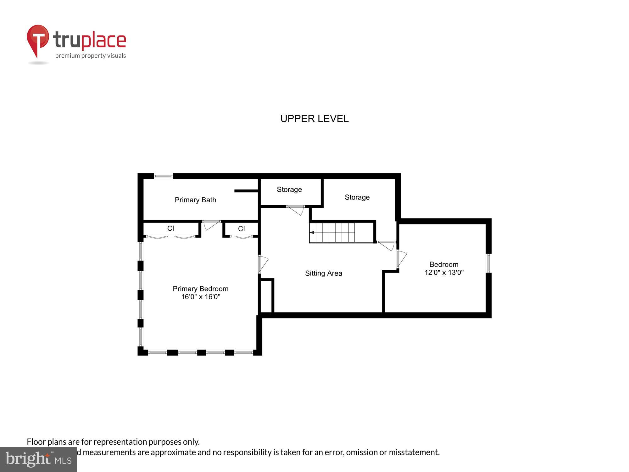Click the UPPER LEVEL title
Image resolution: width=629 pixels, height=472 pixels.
point(314,119)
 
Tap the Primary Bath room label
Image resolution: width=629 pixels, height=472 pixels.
point(195,200)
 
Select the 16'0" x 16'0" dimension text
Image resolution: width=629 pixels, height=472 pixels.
point(200,297)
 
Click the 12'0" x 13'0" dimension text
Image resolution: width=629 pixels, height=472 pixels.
point(444,273)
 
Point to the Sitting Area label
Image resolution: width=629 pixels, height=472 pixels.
point(323,273)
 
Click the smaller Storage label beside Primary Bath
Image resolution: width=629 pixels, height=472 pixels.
point(289,189)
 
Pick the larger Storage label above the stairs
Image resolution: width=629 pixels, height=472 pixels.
point(357,197)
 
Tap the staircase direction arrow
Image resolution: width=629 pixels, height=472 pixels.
point(312,233)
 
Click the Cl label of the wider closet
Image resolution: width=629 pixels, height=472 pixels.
point(170,228)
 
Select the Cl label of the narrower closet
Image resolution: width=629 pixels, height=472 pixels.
point(241,229)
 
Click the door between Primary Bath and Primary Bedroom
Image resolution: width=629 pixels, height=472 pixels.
point(211,224)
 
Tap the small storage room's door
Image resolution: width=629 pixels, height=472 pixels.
point(296,210)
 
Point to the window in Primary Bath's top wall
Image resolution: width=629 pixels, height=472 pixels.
point(163,176)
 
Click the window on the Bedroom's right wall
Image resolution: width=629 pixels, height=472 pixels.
point(488,263)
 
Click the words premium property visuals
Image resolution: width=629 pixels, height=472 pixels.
point(91,56)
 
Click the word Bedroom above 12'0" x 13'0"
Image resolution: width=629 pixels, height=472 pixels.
point(444,264)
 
